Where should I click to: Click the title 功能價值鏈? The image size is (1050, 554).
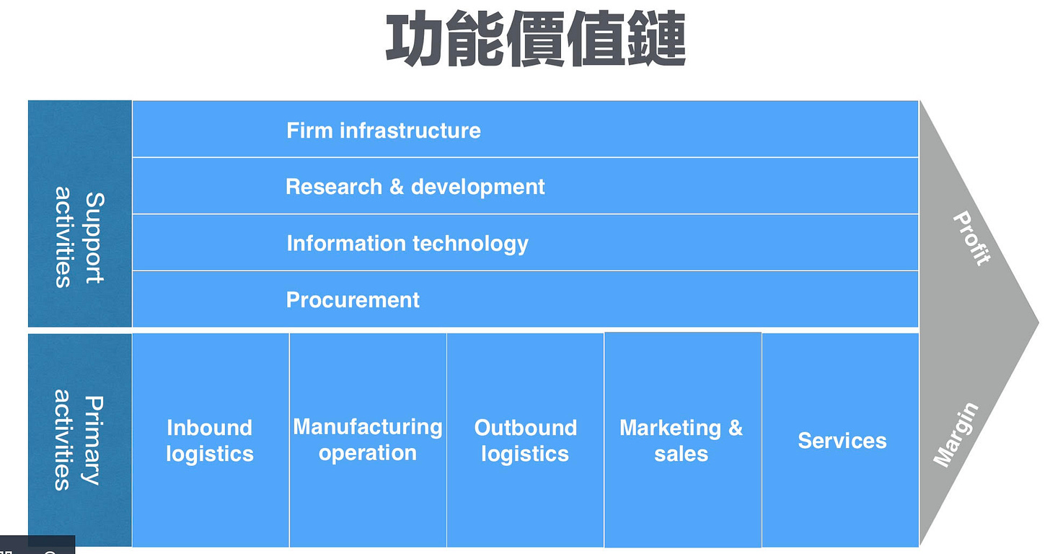[535, 40]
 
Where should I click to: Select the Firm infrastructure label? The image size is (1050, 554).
[383, 131]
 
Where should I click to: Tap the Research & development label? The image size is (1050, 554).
[415, 187]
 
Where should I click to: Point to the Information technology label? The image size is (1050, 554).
[407, 243]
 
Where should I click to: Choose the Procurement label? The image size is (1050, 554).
[353, 300]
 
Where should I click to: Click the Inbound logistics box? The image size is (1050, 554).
[210, 440]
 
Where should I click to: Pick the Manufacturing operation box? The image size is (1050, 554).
[368, 440]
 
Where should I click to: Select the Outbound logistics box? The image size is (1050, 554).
[525, 440]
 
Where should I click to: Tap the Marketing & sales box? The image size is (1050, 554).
[681, 440]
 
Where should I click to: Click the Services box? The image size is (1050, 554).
[842, 441]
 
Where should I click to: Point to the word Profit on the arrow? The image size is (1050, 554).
[971, 239]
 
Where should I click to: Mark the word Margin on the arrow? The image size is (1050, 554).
[956, 435]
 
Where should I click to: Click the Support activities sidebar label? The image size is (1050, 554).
[79, 237]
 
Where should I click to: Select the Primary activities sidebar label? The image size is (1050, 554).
[79, 440]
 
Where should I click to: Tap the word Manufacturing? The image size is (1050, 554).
[368, 427]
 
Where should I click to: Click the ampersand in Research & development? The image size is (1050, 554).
[396, 187]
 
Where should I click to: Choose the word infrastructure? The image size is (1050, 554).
[410, 131]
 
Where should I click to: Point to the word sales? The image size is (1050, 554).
[681, 454]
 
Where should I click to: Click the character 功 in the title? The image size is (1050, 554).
[415, 40]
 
